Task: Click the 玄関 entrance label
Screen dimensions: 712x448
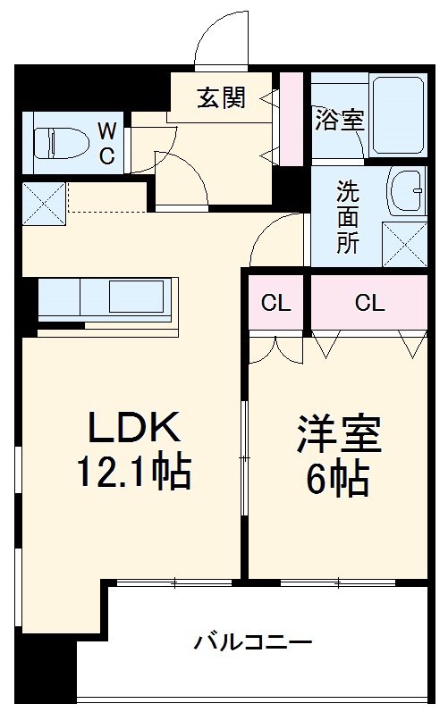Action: (x=221, y=98)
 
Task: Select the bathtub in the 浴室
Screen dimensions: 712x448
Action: (x=397, y=116)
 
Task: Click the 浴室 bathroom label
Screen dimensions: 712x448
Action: (x=339, y=121)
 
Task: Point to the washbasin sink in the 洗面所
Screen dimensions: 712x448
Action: (x=408, y=190)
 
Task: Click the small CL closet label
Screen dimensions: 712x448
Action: (x=275, y=304)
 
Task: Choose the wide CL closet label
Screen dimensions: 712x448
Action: (x=368, y=304)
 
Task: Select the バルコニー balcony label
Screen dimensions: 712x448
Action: (x=253, y=641)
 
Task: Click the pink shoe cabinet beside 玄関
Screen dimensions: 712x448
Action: (x=292, y=117)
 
